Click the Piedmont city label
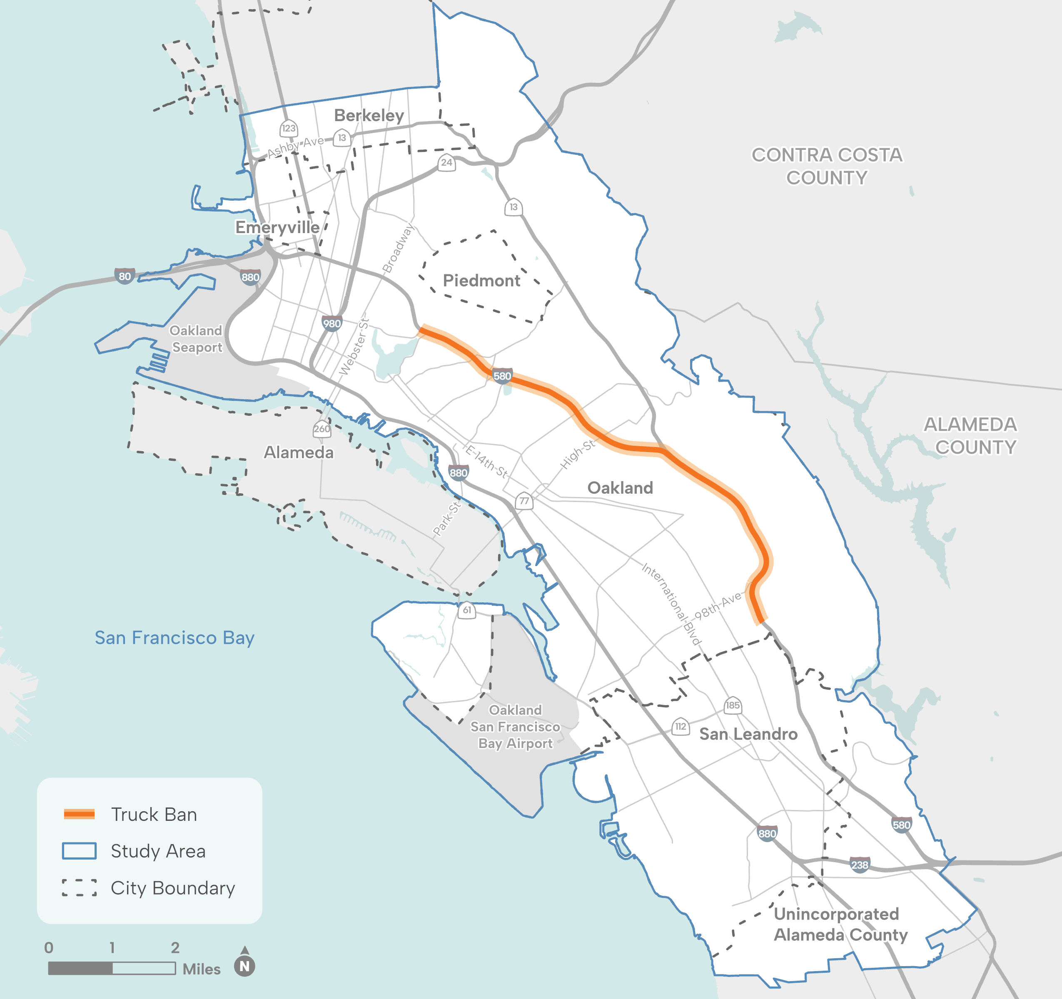coord(481,281)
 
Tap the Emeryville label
coord(277,227)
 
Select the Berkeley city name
coord(369,115)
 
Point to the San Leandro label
coord(748,734)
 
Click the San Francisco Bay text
coord(174,638)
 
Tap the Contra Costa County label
coord(827,166)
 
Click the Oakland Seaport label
coord(196,339)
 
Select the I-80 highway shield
coord(125,276)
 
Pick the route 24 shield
coord(446,162)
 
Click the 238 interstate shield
coord(860,865)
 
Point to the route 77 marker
coord(524,501)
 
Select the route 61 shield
coord(467,610)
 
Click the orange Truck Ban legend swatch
coord(79,814)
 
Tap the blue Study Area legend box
coord(79,850)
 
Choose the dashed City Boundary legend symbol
coord(79,887)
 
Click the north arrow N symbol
coord(244,966)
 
